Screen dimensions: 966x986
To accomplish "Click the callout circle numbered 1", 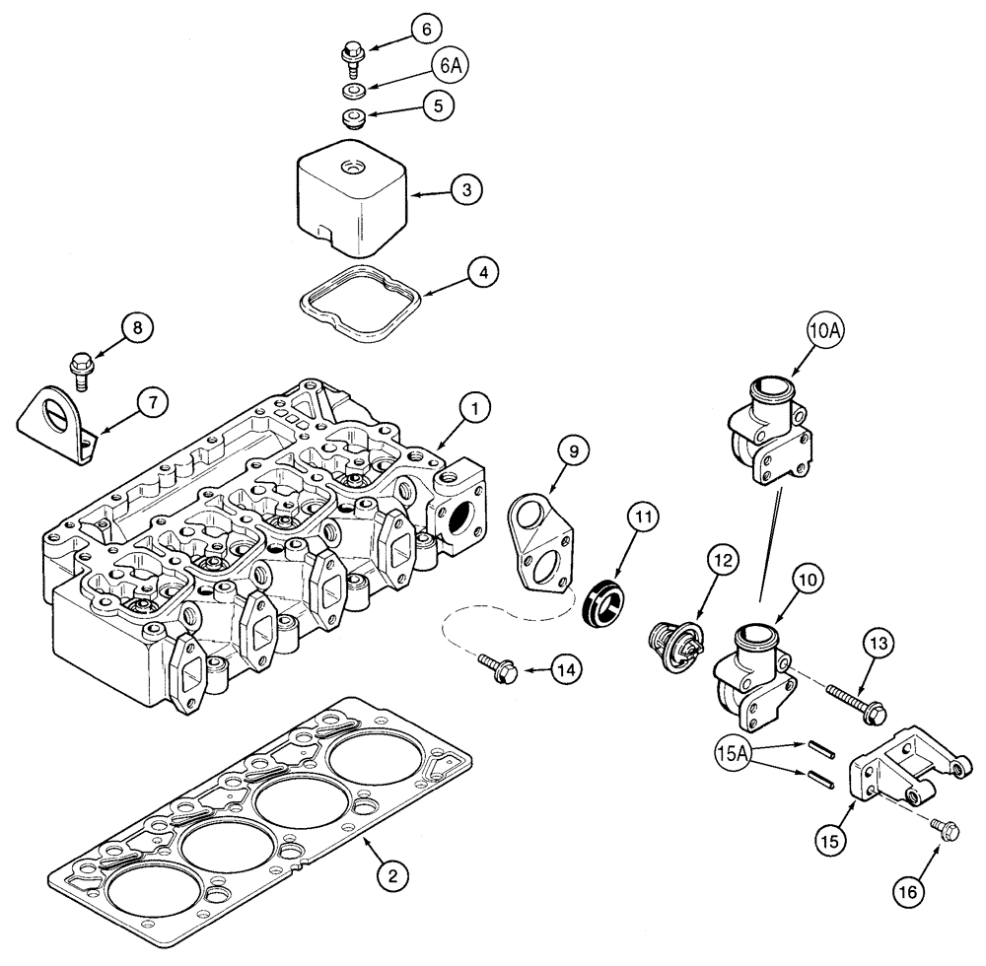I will (x=476, y=406).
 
